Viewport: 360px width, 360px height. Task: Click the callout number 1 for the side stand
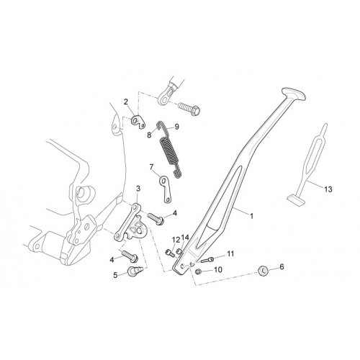click(x=251, y=216)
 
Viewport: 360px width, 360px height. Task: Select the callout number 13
click(x=328, y=189)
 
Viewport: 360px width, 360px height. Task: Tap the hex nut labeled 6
click(x=263, y=271)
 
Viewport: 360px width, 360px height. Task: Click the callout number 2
click(x=126, y=102)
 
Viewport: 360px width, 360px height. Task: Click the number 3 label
click(x=138, y=189)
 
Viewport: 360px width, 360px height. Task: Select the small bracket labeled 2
click(x=138, y=122)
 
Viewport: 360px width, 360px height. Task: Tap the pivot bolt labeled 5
click(x=135, y=271)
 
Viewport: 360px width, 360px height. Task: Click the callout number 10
click(x=218, y=269)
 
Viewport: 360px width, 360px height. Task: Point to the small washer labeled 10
click(x=199, y=271)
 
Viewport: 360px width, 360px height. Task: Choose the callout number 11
click(x=230, y=253)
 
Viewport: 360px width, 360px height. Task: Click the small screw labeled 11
click(x=207, y=260)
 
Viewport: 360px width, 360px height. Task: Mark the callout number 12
click(x=176, y=240)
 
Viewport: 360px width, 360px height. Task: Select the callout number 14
click(x=185, y=238)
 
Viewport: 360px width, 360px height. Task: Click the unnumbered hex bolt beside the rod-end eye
click(x=189, y=109)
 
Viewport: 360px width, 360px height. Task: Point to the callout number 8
click(x=149, y=135)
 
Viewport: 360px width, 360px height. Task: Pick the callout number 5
click(x=115, y=275)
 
